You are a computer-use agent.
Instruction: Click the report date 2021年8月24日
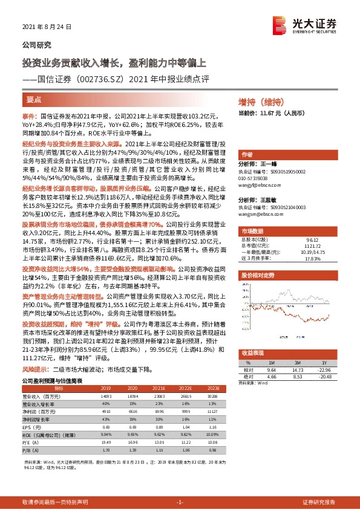47,27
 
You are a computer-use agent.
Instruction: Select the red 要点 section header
34,99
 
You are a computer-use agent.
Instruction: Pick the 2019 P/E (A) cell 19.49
106,442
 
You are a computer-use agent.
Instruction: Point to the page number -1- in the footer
180,502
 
